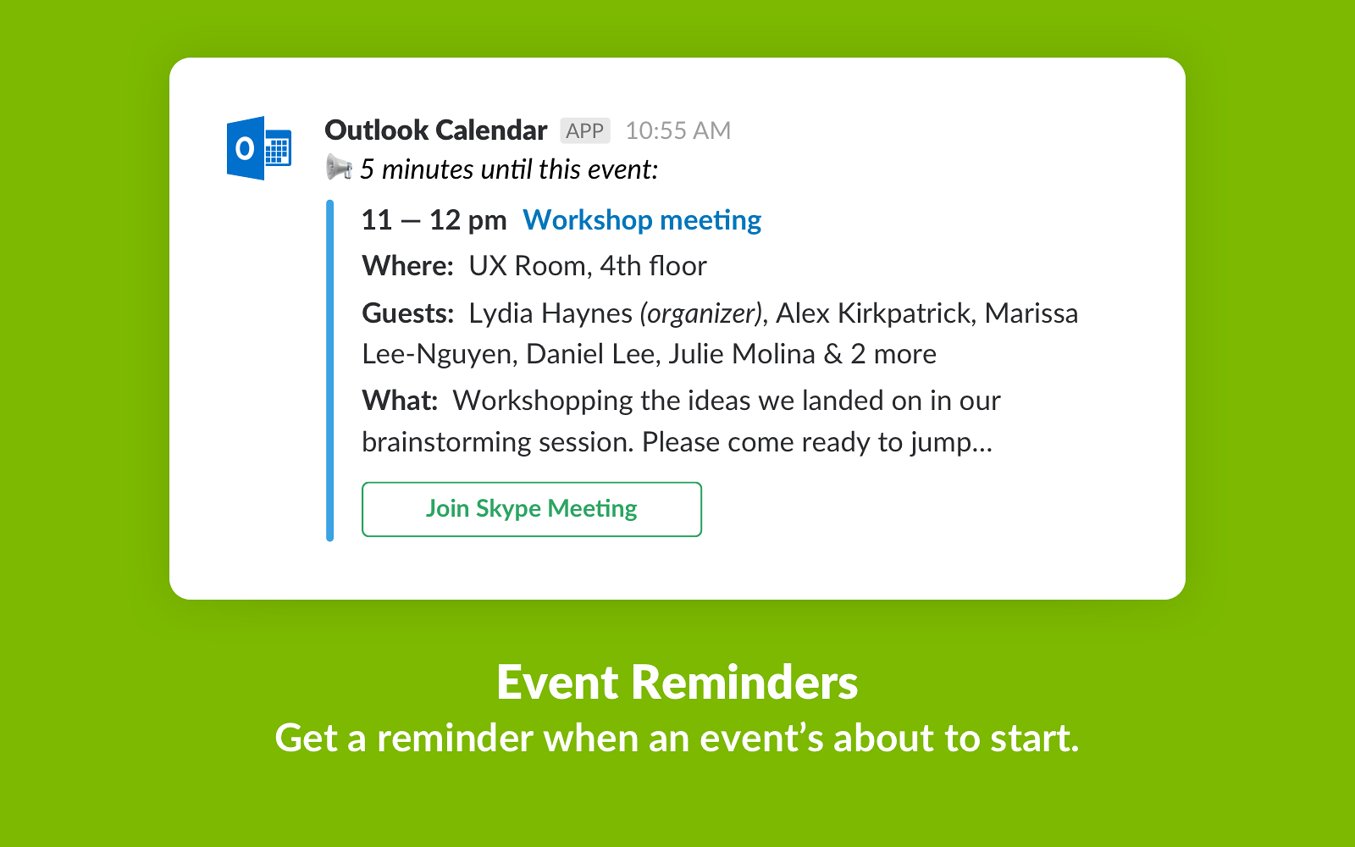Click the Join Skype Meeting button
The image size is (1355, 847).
pos(532,509)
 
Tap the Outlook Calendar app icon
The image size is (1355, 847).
pos(259,148)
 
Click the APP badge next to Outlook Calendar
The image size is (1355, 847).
pos(585,130)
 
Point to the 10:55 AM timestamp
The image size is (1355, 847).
pos(678,130)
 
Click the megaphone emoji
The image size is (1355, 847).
pos(340,168)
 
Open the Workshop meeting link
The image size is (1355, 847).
pos(642,220)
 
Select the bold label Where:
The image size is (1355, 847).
pos(407,266)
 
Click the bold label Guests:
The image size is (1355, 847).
pos(407,313)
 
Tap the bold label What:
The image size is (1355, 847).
pos(400,401)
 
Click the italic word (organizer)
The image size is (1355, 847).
pos(700,314)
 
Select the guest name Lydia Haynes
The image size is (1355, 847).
pos(550,314)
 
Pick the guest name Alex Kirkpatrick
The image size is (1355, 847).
pos(873,313)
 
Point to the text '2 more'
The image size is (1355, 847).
pos(893,354)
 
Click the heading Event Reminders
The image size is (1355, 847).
pos(677,683)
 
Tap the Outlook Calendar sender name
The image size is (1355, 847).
pos(436,130)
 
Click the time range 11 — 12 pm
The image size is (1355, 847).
pos(434,220)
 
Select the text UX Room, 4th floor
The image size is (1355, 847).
pos(588,266)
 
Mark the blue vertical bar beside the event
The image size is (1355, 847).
pos(329,370)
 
